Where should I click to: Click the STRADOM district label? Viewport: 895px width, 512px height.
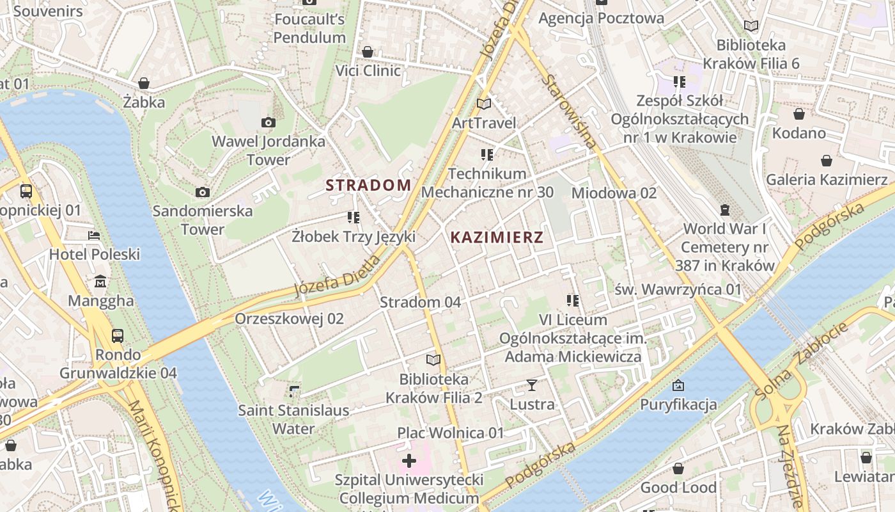click(368, 186)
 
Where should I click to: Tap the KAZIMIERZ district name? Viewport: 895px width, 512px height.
click(497, 237)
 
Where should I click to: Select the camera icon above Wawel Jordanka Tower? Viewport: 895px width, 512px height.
click(268, 122)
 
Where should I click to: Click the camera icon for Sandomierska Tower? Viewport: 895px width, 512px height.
click(203, 192)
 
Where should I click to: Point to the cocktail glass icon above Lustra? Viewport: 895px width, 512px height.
click(531, 385)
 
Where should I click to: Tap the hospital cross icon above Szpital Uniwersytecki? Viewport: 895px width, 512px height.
click(409, 461)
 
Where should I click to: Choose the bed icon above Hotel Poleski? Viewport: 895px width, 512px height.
click(94, 236)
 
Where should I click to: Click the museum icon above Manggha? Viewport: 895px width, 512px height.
click(100, 282)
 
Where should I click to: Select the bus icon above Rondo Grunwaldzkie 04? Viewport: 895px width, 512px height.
click(118, 335)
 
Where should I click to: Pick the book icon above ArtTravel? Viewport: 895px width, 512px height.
click(484, 104)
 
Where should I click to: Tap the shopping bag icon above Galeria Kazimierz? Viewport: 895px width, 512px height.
click(827, 161)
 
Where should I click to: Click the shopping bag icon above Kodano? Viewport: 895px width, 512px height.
click(798, 114)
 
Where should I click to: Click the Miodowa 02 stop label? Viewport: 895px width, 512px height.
click(614, 193)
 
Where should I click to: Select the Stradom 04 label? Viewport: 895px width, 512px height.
click(420, 302)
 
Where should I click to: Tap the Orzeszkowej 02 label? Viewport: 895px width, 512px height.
click(289, 319)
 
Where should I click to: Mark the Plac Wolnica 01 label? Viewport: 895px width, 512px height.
click(451, 433)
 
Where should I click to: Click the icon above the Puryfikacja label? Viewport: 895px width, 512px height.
click(678, 385)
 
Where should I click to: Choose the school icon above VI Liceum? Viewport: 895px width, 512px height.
click(572, 300)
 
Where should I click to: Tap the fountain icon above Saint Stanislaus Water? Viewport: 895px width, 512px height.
click(293, 390)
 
